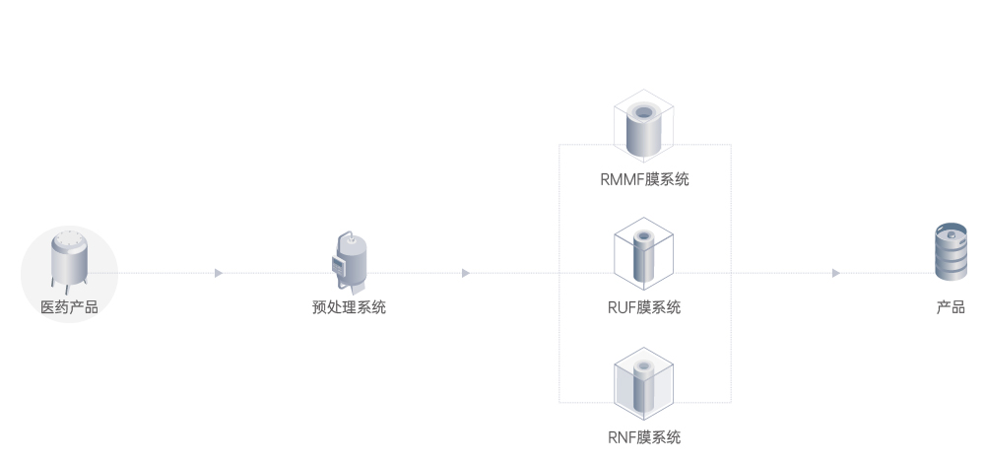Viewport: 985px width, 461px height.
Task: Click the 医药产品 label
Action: coord(69,307)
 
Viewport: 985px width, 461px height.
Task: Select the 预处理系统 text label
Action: coord(349,307)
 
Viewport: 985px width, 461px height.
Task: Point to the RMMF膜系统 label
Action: coord(644,179)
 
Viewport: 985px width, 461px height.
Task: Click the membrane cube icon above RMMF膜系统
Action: coord(644,128)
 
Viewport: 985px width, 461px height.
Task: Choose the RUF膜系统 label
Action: coord(644,307)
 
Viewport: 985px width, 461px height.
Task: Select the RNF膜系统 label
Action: coord(644,436)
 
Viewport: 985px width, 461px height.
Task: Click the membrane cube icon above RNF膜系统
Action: coord(644,385)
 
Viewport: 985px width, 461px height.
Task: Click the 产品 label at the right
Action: coord(951,307)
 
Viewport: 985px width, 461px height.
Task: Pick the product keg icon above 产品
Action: coord(951,253)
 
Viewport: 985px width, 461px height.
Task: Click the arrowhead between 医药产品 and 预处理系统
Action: coord(219,273)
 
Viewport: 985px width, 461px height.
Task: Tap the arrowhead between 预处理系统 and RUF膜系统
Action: coord(466,273)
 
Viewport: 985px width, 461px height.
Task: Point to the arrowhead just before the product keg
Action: coord(836,273)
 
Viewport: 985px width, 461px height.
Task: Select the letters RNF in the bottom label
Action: coord(622,436)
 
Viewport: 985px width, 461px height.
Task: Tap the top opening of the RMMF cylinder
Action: coord(645,111)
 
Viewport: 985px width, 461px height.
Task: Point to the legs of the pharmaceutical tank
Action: coord(69,287)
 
